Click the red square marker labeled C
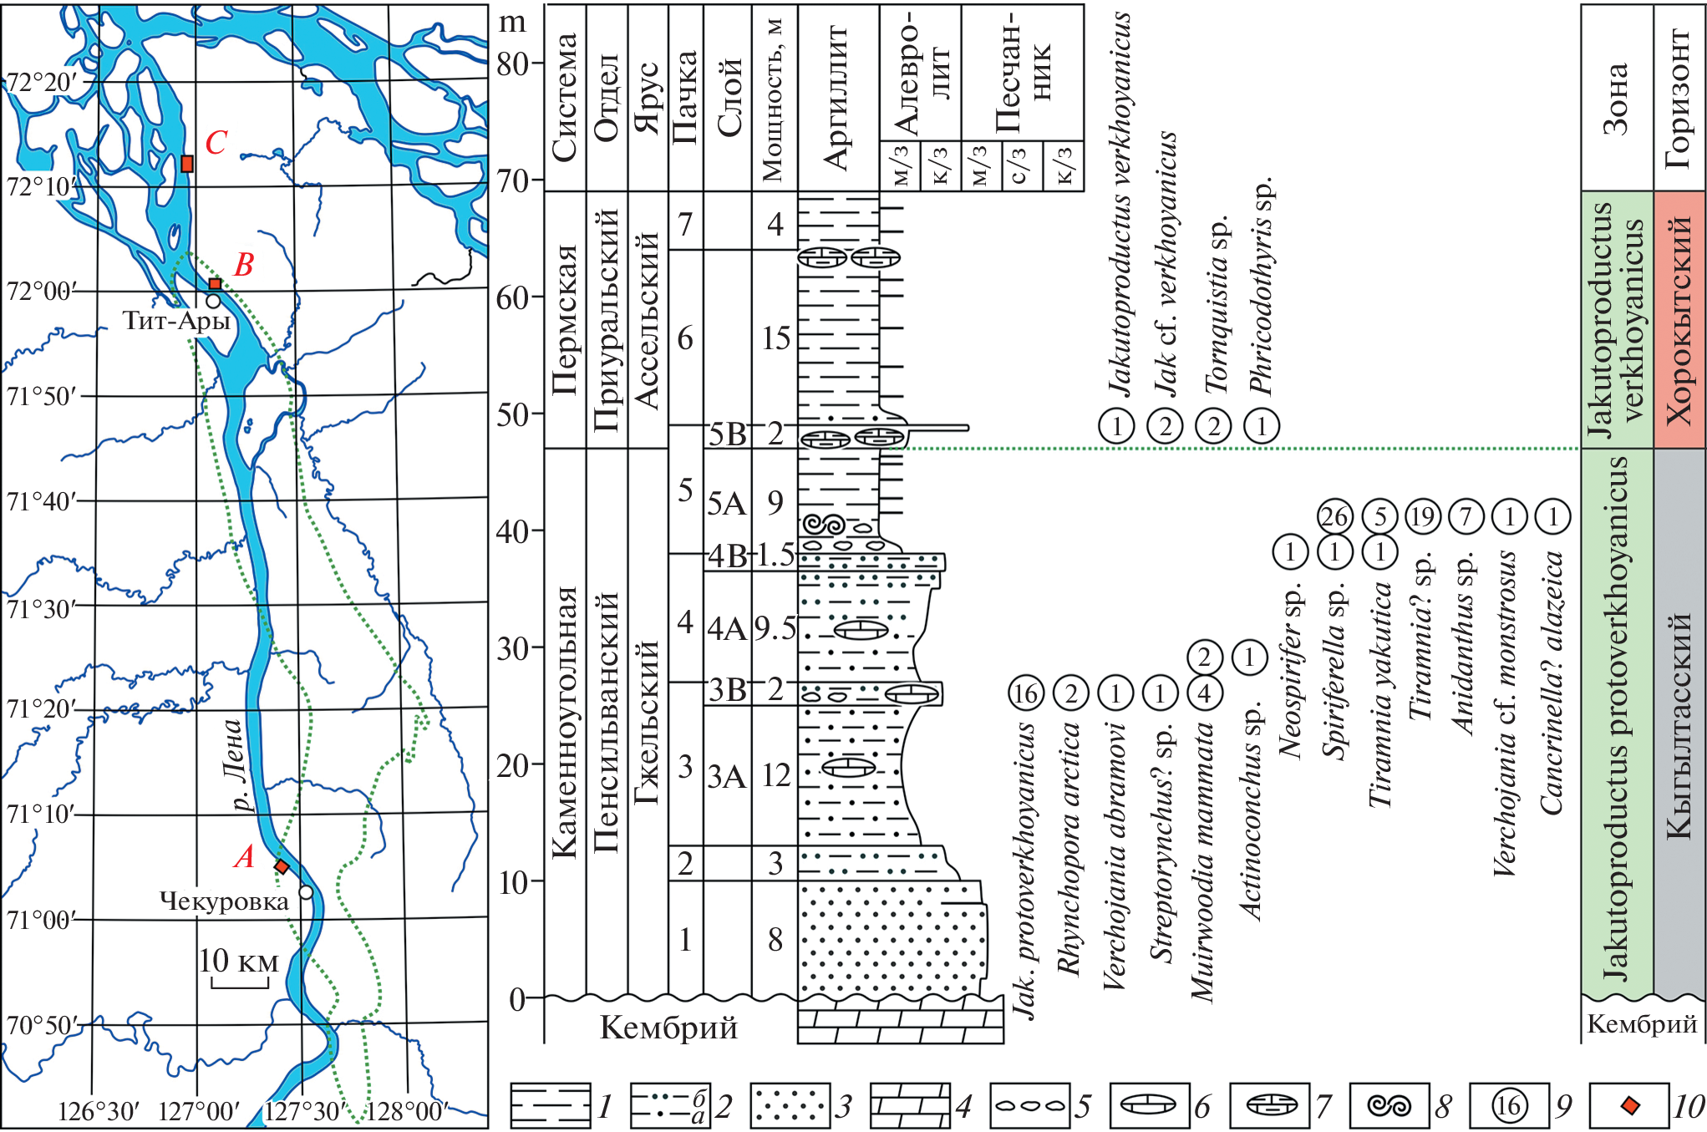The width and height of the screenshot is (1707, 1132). tap(187, 164)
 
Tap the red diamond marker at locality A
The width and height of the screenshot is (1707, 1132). tap(282, 867)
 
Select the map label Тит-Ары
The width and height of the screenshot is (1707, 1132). tap(176, 321)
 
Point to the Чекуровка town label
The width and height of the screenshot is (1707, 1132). tap(224, 901)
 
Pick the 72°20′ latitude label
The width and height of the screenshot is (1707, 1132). tap(40, 82)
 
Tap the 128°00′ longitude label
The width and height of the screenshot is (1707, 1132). tap(407, 1111)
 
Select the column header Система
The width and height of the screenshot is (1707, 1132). tap(565, 96)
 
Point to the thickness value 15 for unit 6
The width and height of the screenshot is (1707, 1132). tap(775, 338)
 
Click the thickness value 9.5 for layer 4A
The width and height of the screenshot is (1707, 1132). tap(775, 627)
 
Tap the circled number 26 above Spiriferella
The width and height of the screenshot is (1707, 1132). tap(1334, 517)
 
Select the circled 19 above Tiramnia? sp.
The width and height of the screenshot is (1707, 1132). tap(1422, 517)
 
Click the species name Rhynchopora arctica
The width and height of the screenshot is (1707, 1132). tap(1070, 848)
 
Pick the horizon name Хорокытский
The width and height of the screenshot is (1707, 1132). tap(1679, 321)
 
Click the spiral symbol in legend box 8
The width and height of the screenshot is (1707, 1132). tap(1389, 1106)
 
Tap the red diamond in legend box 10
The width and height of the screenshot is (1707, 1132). tap(1628, 1106)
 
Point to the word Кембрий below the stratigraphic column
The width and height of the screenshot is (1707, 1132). tap(668, 1027)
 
